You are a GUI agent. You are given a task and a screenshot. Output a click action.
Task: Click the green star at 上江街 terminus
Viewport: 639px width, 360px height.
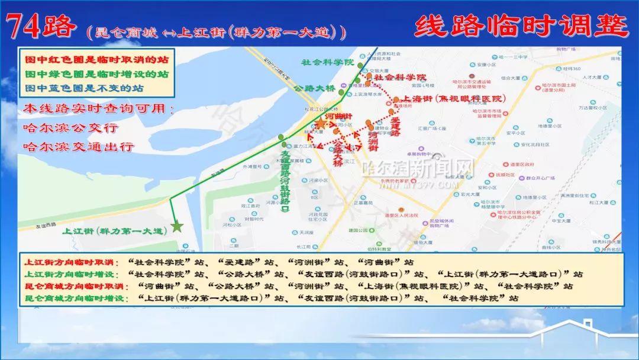(x=176, y=226)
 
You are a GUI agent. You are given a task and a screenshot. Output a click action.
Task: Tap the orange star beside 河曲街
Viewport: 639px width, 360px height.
(x=319, y=123)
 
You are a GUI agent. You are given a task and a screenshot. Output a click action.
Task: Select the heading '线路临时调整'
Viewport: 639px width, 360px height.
(x=521, y=27)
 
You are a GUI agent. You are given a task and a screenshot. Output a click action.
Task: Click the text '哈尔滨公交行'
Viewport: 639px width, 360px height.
(x=70, y=127)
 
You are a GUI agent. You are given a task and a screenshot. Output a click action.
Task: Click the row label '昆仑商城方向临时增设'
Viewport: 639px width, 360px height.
(x=76, y=298)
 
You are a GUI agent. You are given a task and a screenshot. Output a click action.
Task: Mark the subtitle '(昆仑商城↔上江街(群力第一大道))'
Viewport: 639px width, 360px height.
(x=216, y=30)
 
